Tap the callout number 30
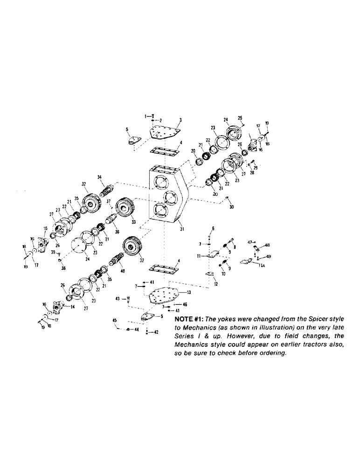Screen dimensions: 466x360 coord(231,207)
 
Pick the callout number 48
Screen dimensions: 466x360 coord(267,245)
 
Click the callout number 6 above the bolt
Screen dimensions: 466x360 coord(213,228)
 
